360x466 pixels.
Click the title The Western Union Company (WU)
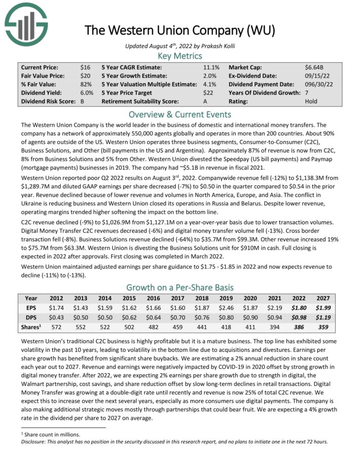(x=179, y=30)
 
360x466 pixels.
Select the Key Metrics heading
(x=179, y=56)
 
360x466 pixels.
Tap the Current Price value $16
(x=85, y=67)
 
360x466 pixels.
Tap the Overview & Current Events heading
(x=179, y=115)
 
